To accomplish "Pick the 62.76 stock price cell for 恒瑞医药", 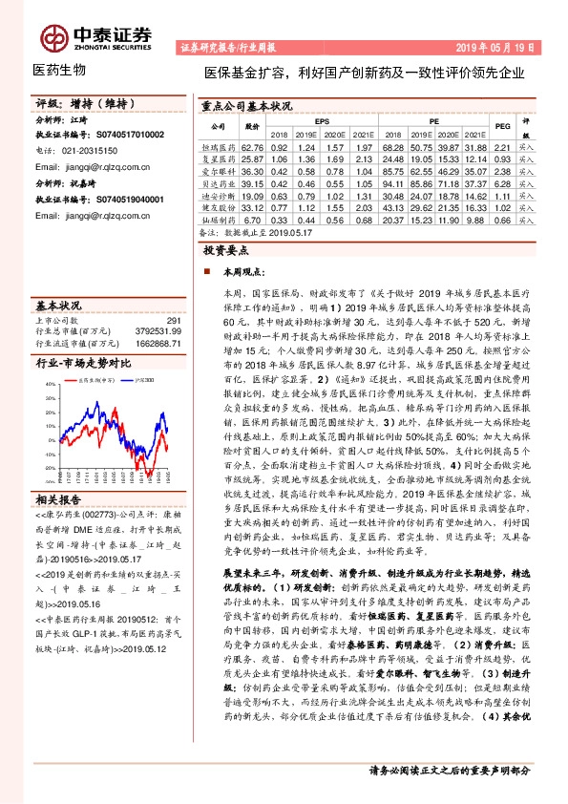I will coord(252,148).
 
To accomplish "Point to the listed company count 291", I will coord(172,320).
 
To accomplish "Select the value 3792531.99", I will coord(158,330).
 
